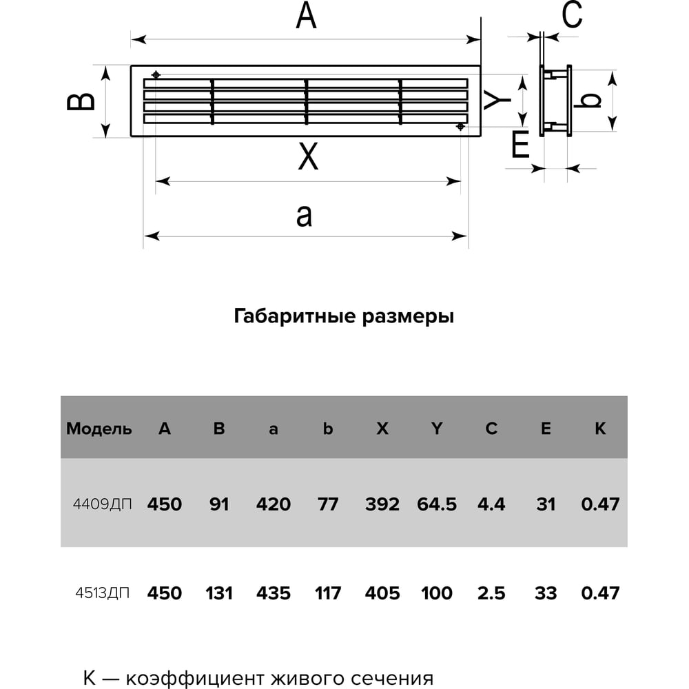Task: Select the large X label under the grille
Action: tap(308, 156)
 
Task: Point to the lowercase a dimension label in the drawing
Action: tap(304, 215)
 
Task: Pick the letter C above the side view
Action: tap(572, 15)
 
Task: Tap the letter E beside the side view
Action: tap(520, 145)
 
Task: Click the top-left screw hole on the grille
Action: tap(157, 74)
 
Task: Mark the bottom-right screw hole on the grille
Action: tap(460, 127)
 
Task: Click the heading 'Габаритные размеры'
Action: tap(344, 317)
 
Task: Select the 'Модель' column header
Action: tap(99, 429)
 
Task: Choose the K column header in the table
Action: tap(600, 429)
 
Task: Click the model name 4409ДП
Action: tap(101, 504)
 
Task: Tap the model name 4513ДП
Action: tap(101, 593)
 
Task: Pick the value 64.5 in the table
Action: tap(437, 504)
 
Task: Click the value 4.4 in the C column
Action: tap(491, 504)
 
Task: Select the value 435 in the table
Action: tap(274, 593)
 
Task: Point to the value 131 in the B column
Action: tap(219, 593)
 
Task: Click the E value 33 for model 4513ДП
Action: tap(546, 593)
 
